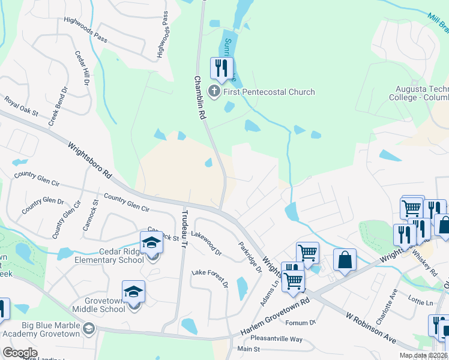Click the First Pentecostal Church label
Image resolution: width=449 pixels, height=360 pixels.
tap(269, 92)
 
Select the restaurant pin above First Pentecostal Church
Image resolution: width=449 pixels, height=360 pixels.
tap(221, 68)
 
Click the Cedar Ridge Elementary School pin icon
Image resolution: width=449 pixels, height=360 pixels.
tap(151, 244)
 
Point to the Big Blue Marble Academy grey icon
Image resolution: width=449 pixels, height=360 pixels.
tap(89, 328)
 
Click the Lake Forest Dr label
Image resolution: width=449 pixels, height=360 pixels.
tap(209, 278)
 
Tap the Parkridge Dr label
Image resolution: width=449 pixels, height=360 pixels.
tap(250, 257)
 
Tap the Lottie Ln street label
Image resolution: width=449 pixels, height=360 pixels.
tap(421, 302)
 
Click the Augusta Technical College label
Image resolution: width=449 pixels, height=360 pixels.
tap(418, 92)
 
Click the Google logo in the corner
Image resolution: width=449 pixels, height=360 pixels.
tap(20, 353)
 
